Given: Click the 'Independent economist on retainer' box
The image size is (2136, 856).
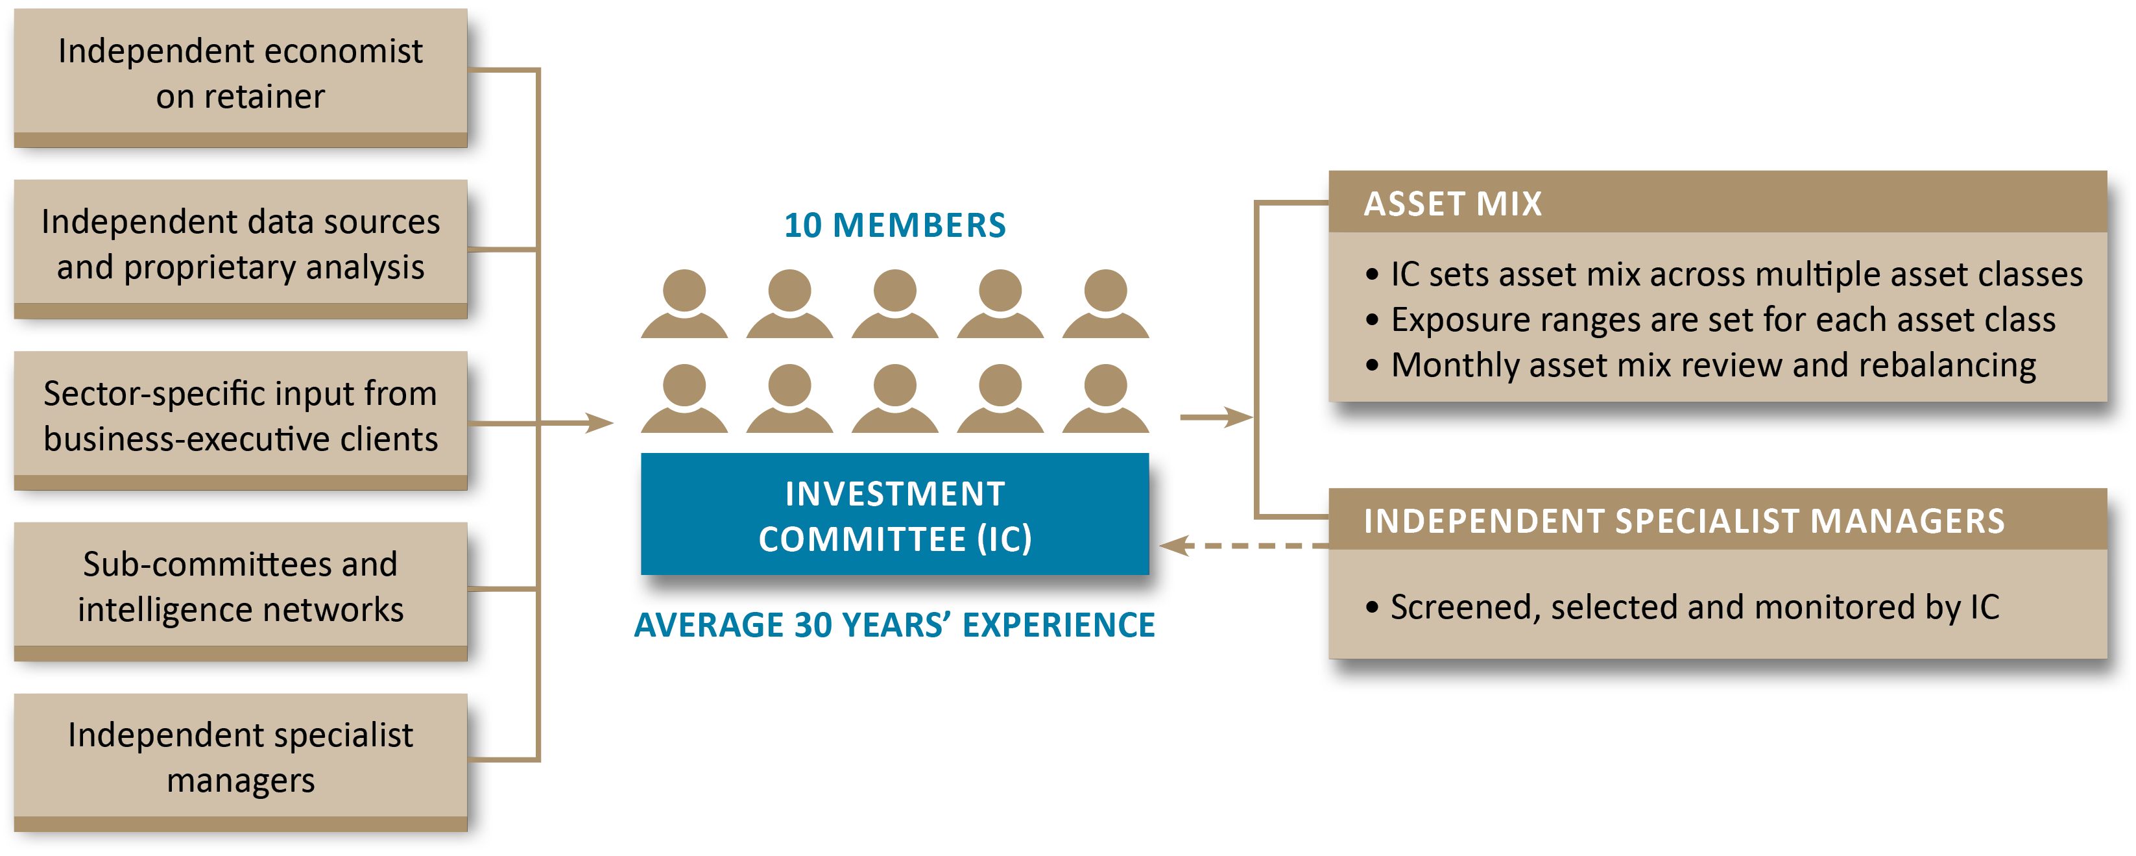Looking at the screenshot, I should tap(241, 75).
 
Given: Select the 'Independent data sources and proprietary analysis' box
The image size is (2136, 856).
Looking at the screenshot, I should tap(241, 245).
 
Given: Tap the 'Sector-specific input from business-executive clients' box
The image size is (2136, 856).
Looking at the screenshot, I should tap(241, 417).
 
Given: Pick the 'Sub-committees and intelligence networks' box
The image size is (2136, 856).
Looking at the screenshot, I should tap(241, 588).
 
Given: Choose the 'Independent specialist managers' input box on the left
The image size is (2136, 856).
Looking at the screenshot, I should tap(241, 758).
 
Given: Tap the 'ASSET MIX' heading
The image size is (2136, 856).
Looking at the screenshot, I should tap(1453, 204).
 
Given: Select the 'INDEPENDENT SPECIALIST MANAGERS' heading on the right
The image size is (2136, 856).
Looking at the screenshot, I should tap(1683, 521).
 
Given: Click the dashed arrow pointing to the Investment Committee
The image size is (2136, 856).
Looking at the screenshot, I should tap(1244, 546).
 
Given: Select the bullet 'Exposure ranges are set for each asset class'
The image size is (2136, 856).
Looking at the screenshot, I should tap(1723, 320).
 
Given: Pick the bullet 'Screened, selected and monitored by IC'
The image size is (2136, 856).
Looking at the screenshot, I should tap(1695, 607).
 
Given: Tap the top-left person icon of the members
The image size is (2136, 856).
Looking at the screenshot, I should tap(684, 304).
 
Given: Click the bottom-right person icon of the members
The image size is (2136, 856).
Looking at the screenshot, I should tap(1105, 398).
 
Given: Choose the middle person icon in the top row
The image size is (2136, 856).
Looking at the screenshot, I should tap(894, 304).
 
